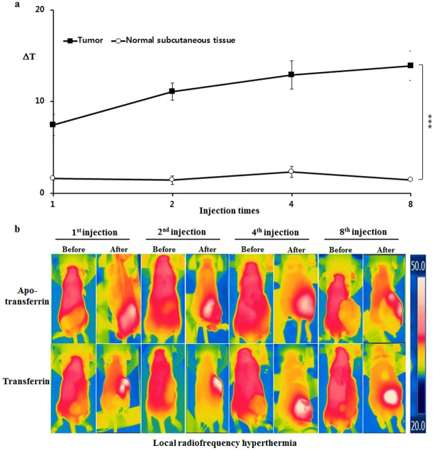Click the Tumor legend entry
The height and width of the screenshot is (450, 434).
[83, 40]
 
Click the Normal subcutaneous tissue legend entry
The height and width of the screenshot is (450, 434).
[183, 40]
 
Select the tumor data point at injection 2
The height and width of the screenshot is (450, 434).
[172, 92]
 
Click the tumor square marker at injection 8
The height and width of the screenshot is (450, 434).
[410, 66]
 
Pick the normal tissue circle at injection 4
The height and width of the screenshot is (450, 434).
[291, 172]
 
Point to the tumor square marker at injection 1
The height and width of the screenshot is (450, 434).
[53, 125]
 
